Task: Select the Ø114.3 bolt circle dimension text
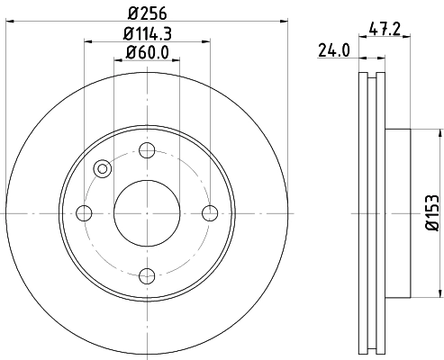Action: pyautogui.click(x=148, y=35)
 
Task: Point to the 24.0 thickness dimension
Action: pyautogui.click(x=334, y=51)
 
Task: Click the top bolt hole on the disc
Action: pyautogui.click(x=147, y=150)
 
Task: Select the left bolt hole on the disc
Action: pyautogui.click(x=85, y=212)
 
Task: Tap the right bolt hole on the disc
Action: pyautogui.click(x=210, y=212)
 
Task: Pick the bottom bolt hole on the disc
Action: pyautogui.click(x=147, y=274)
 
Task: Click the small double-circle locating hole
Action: pyautogui.click(x=102, y=168)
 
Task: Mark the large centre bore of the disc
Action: pyautogui.click(x=147, y=212)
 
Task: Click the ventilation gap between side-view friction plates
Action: pyautogui.click(x=372, y=212)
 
